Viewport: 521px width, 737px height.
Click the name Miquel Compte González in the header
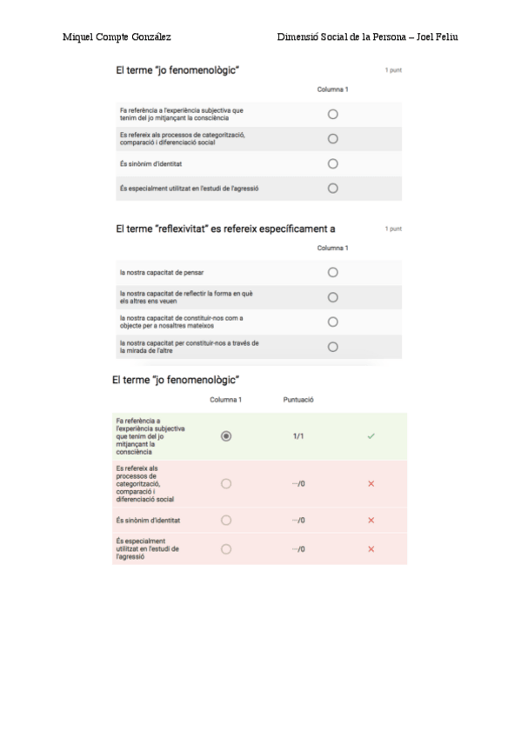tap(117, 37)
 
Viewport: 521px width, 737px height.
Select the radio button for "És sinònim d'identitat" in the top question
tap(332, 163)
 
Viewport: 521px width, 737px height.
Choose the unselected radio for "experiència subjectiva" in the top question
tap(332, 114)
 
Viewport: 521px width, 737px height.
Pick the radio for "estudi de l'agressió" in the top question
tap(332, 188)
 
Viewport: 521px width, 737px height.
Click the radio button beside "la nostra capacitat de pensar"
tap(332, 272)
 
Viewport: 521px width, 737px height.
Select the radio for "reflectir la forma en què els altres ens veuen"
tap(332, 297)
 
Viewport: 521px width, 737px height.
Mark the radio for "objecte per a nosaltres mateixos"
tap(332, 322)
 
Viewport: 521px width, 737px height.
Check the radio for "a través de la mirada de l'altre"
tap(332, 347)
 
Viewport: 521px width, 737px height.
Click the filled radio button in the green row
tap(226, 435)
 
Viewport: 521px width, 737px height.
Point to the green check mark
tap(371, 435)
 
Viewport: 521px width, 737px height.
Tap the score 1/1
tap(298, 435)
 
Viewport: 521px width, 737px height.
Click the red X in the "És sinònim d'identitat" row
tap(371, 520)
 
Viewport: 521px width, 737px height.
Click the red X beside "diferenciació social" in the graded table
tap(371, 483)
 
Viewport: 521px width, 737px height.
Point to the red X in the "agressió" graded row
tap(371, 549)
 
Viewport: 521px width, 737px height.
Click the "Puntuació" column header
tap(298, 400)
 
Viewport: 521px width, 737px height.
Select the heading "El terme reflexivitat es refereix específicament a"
tap(226, 229)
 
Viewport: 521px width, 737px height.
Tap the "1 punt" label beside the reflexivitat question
tap(393, 229)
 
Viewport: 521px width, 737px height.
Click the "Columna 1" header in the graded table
tap(226, 400)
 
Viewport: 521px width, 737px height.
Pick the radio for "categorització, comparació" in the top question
tap(332, 138)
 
